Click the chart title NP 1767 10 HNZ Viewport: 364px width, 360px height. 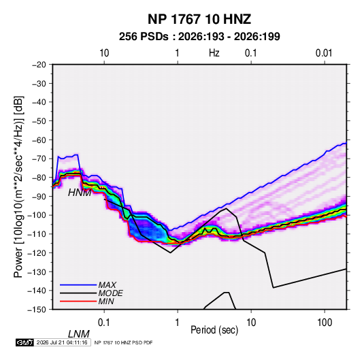click(199, 19)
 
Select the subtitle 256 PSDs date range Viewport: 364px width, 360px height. click(199, 37)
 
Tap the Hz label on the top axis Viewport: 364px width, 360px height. click(214, 53)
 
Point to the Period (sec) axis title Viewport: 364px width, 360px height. click(214, 330)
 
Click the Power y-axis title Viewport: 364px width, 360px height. click(18, 187)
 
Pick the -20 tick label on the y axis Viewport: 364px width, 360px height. click(39, 65)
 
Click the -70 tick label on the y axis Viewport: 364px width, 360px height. click(39, 159)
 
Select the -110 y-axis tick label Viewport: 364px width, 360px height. click(37, 234)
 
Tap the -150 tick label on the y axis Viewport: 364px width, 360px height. click(37, 310)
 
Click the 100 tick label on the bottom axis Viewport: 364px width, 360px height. click(325, 323)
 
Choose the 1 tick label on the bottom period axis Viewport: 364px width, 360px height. click(178, 323)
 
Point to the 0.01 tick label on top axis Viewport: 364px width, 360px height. click(324, 53)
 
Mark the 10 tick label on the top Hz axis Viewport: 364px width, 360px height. click(104, 53)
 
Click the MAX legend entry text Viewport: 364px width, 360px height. click(107, 285)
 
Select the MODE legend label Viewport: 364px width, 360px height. click(110, 293)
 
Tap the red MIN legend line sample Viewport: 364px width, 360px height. click(78, 301)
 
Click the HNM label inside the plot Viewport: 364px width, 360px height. click(80, 193)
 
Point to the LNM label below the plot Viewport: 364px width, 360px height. click(79, 334)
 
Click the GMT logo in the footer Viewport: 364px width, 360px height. click(24, 342)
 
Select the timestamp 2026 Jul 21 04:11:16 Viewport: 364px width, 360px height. click(62, 342)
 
